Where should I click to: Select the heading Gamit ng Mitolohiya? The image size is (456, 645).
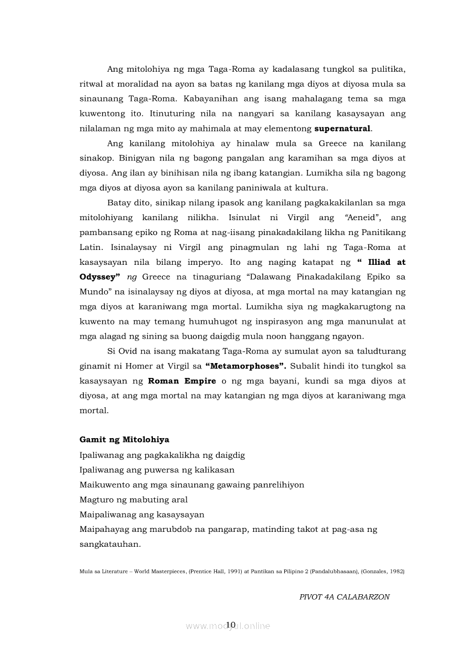coord(124,440)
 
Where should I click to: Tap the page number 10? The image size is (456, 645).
coord(231,624)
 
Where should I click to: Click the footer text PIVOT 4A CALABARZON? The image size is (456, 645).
coord(344,597)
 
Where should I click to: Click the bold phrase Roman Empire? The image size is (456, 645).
coord(182,380)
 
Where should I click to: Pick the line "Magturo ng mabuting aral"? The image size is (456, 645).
coord(134,499)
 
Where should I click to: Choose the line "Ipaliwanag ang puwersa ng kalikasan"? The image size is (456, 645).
coord(157,470)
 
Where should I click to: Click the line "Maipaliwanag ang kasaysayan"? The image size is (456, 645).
coord(142,514)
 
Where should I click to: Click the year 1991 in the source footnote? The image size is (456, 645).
coord(230,572)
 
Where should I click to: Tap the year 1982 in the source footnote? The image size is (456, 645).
coord(396,572)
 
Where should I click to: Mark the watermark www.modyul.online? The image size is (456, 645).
coord(227,626)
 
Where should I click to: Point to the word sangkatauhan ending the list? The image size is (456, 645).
coord(109,543)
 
